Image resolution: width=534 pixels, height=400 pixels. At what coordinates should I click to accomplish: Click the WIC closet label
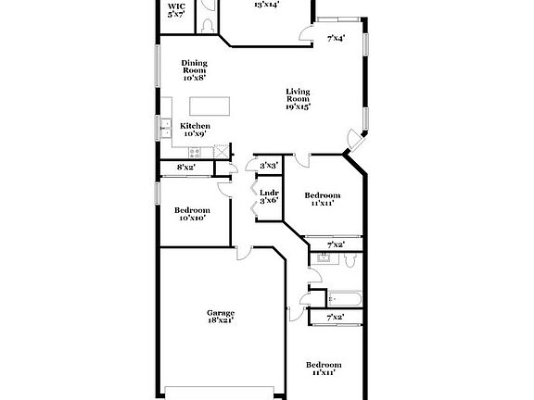[x=176, y=11]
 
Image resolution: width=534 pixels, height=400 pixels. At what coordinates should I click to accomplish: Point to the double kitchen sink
[x=165, y=128]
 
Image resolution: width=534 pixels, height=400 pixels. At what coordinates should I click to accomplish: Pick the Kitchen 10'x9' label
[x=195, y=130]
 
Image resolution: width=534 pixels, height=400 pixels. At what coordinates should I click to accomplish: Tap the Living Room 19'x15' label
[x=298, y=98]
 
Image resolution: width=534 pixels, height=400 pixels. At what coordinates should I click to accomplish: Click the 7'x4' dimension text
[x=337, y=38]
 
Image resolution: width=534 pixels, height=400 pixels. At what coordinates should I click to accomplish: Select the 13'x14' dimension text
[x=267, y=5]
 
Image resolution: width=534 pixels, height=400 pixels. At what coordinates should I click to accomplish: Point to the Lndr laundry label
[x=269, y=196]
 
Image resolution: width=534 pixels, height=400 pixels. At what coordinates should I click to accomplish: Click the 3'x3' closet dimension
[x=269, y=166]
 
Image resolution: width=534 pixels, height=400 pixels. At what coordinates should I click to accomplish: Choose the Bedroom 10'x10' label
[x=193, y=215]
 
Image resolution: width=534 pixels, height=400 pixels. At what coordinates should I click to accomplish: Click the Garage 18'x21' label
[x=221, y=317]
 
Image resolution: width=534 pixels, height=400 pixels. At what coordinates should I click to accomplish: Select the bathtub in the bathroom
[x=346, y=298]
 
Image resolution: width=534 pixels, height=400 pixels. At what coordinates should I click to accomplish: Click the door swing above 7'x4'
[x=306, y=33]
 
